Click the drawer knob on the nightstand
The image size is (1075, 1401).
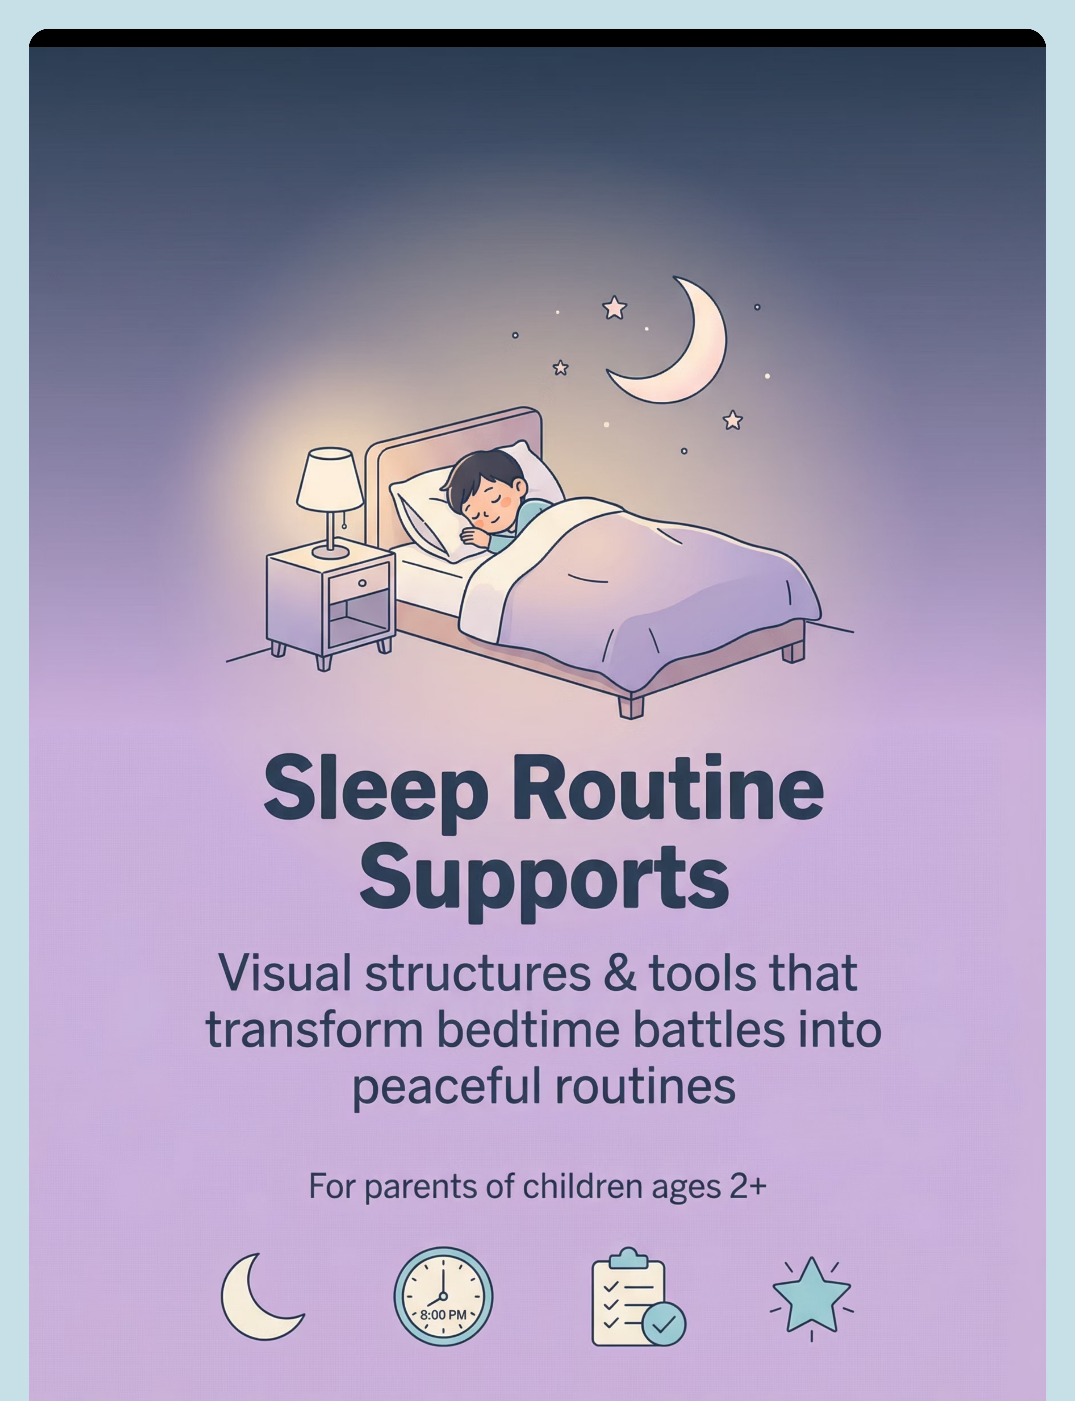click(362, 582)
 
